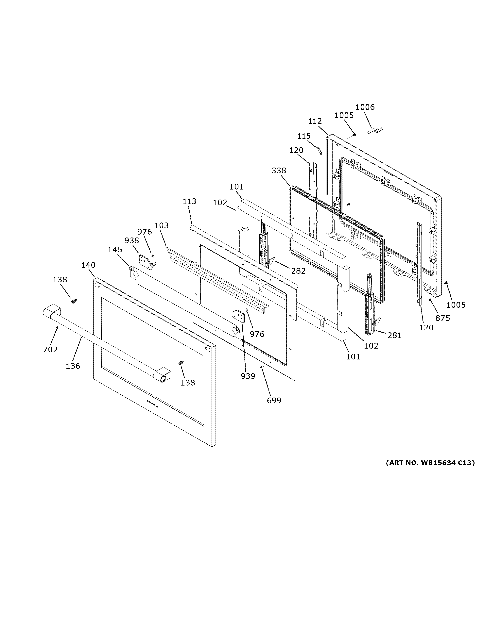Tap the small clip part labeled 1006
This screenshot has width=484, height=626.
[374, 130]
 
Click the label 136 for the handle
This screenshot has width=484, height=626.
[73, 366]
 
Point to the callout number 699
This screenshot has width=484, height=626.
[274, 400]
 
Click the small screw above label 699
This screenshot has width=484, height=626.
[262, 367]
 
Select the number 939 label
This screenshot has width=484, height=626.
[248, 376]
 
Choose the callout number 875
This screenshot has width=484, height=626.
[442, 318]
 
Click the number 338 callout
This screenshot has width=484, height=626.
[279, 171]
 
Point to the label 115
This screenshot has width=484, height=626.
[304, 136]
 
